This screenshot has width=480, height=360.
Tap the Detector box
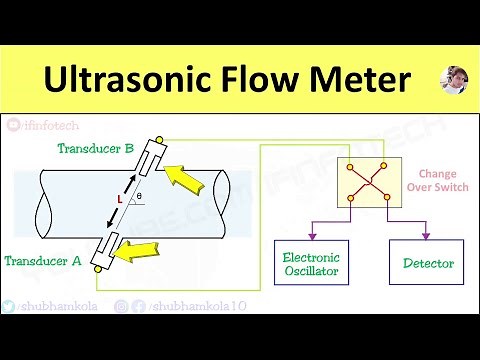pos(428,264)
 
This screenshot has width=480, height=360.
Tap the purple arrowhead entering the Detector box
pos(428,236)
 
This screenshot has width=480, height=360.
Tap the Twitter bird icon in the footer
pos(9,307)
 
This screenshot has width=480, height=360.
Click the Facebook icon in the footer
pos(138,307)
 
